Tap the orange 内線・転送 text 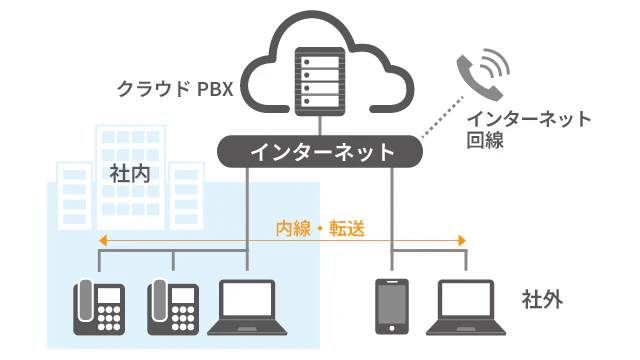pyautogui.click(x=320, y=229)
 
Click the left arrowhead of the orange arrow pyautogui.click(x=103, y=241)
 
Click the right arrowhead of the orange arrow pyautogui.click(x=462, y=241)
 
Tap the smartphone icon pyautogui.click(x=392, y=304)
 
